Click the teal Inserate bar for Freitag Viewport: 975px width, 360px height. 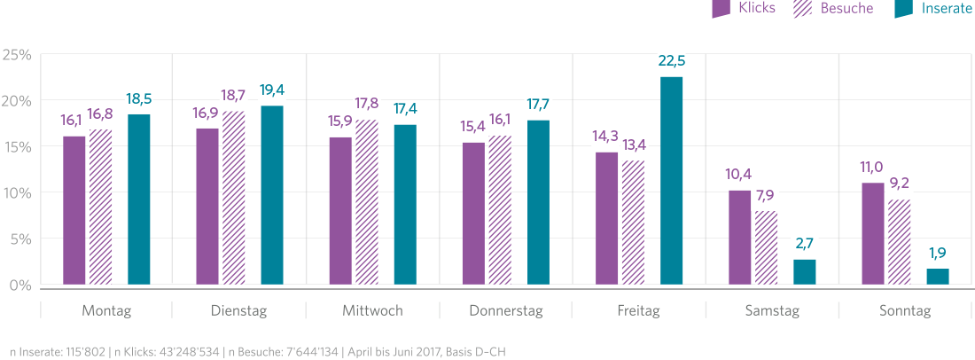(672, 181)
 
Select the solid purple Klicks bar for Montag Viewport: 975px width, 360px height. (74, 210)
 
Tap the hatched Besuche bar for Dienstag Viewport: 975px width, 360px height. (234, 198)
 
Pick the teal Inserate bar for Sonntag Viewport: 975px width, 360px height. (938, 277)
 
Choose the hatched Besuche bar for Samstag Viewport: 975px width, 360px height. (766, 247)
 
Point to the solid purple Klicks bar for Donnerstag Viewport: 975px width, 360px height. (473, 214)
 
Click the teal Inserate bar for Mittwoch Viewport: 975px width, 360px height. (405, 205)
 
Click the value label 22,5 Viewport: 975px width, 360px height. (672, 61)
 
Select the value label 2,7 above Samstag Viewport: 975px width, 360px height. (805, 244)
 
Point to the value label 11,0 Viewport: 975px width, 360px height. (872, 168)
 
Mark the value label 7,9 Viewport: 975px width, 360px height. (766, 196)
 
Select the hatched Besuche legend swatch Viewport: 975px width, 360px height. (805, 9)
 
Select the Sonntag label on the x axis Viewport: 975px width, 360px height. (905, 311)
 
